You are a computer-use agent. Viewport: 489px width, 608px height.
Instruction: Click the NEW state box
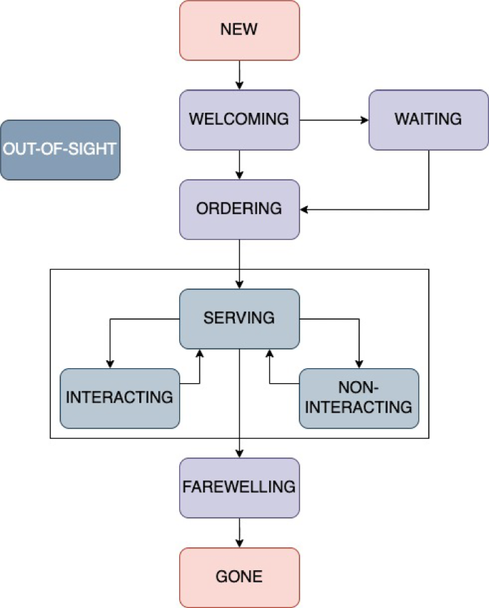click(239, 30)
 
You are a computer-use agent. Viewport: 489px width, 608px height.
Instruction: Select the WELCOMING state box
click(239, 119)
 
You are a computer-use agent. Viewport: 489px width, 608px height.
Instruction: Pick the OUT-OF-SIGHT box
click(60, 150)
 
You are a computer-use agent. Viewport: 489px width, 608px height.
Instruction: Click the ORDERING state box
click(239, 209)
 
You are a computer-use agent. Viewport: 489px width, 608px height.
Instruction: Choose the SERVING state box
click(239, 318)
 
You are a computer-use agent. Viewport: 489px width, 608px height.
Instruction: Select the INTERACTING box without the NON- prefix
click(119, 398)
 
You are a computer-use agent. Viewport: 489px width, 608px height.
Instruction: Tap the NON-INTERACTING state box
click(358, 398)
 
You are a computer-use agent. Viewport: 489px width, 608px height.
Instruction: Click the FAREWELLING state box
click(239, 487)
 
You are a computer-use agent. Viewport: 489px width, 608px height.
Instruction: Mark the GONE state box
click(239, 577)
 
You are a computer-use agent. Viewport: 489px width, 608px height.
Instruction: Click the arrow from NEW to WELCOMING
click(239, 75)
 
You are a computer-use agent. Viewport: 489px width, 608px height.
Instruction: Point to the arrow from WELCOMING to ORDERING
click(239, 165)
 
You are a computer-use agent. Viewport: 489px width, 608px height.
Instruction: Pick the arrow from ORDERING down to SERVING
click(239, 264)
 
